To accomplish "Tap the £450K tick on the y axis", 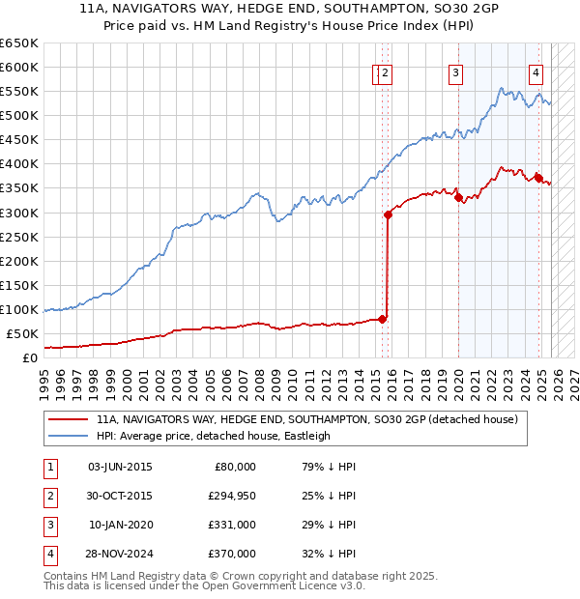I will coord(19,140).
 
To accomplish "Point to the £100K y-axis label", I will coord(19,310).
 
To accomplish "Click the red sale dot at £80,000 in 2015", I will coord(383,319).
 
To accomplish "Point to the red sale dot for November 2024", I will coord(537,178).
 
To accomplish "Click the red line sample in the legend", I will coord(68,420).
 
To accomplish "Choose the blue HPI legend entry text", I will coord(214,436).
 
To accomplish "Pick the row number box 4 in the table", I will coord(48,554).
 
